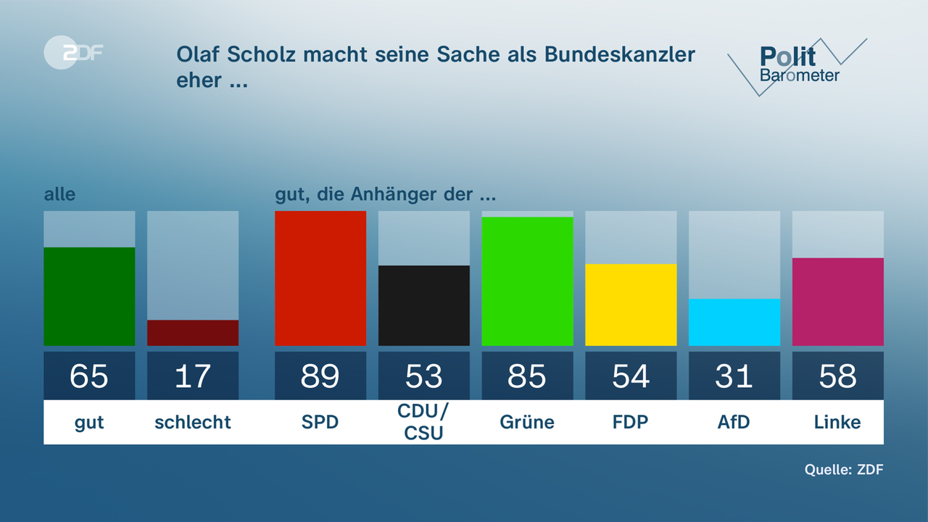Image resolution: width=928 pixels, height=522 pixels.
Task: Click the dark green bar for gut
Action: click(89, 297)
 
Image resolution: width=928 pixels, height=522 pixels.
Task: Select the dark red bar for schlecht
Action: click(193, 333)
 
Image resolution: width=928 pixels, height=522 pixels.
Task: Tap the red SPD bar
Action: click(320, 278)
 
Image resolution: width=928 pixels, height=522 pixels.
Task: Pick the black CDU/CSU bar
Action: click(424, 305)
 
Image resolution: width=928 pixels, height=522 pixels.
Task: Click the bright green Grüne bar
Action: click(527, 281)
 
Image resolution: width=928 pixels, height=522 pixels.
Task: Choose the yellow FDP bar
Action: click(631, 304)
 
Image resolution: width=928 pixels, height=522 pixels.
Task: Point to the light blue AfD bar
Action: click(734, 322)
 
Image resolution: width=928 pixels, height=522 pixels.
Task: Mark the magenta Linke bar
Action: click(837, 302)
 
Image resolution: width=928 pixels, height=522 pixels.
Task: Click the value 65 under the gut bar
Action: click(89, 376)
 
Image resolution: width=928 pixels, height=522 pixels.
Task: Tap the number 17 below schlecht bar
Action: click(193, 376)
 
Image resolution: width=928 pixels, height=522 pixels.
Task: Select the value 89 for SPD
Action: click(320, 376)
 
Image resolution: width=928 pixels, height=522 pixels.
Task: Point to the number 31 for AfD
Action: click(734, 376)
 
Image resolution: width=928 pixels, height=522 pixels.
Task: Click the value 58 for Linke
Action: click(837, 376)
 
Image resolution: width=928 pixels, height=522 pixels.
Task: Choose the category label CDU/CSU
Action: click(424, 422)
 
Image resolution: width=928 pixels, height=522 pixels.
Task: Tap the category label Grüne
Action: click(527, 422)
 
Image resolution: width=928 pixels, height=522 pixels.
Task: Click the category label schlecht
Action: click(193, 422)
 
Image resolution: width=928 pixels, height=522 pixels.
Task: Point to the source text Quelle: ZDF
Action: click(844, 469)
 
